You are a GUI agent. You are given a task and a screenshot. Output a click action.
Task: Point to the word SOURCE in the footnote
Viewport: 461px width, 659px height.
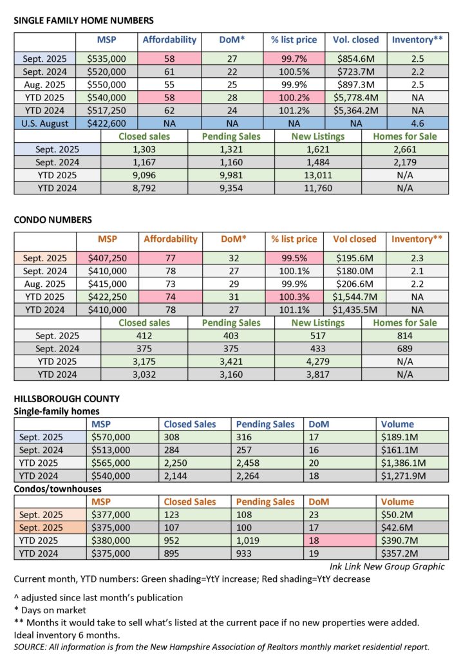[30, 645]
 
